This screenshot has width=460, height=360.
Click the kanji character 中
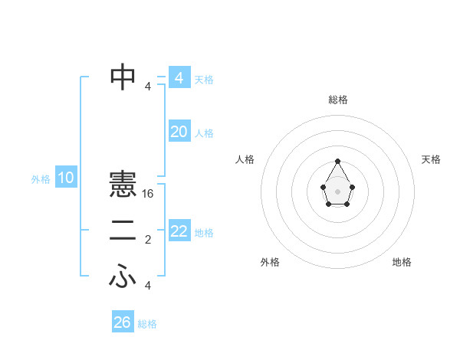coord(123,76)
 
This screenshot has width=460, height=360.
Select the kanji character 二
coord(123,231)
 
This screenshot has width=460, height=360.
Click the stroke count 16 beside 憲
coord(148,194)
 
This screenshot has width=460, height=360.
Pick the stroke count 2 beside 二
coord(148,241)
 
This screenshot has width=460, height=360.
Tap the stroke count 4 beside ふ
coord(148,286)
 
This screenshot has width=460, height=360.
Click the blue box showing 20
coord(179,132)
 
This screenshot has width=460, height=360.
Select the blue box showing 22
coord(179,231)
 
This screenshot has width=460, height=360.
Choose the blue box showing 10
coord(66,178)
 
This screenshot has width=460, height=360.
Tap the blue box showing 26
coord(122,322)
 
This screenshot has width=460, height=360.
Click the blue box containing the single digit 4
coord(179,78)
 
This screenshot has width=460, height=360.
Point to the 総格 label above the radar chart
coord(338,100)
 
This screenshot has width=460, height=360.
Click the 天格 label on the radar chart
coord(431,159)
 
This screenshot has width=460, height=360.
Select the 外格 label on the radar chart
coord(270,262)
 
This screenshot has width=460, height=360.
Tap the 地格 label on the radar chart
coord(402,262)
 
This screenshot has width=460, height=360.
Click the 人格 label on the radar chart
coord(245,159)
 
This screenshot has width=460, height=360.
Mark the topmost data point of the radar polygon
coord(338,161)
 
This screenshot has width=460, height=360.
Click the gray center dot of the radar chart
coord(338,190)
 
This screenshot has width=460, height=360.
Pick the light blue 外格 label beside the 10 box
coord(41,179)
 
